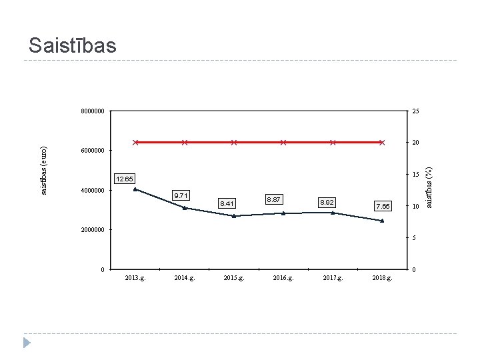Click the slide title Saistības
point(73,45)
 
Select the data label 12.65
point(125,179)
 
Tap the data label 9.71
point(181,195)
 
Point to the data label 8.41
point(227,203)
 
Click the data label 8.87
point(274,199)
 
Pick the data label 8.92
point(327,203)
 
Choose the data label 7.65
point(383,206)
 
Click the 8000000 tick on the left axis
point(93,111)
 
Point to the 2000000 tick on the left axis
point(93,230)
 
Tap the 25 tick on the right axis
point(415,111)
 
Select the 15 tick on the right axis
point(415,175)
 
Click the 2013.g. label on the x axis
point(135,278)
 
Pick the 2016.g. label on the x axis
point(283,278)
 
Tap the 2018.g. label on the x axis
point(382,278)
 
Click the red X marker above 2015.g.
point(234,143)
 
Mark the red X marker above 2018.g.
point(382,143)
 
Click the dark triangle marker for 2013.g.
point(135,189)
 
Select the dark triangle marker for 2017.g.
point(333,213)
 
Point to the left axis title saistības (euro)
point(44,171)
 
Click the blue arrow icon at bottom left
point(27,343)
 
